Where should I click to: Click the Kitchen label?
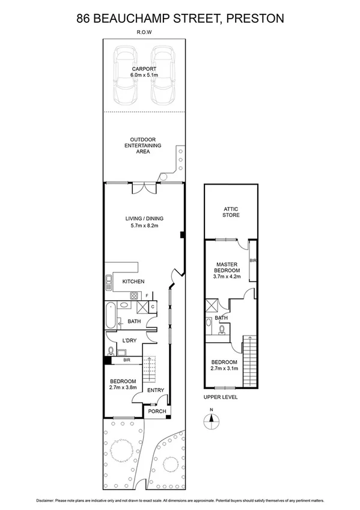(133, 281)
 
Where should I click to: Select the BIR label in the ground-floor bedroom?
(127, 360)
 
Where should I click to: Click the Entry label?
(156, 390)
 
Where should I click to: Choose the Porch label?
(157, 411)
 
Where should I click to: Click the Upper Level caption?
(221, 398)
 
